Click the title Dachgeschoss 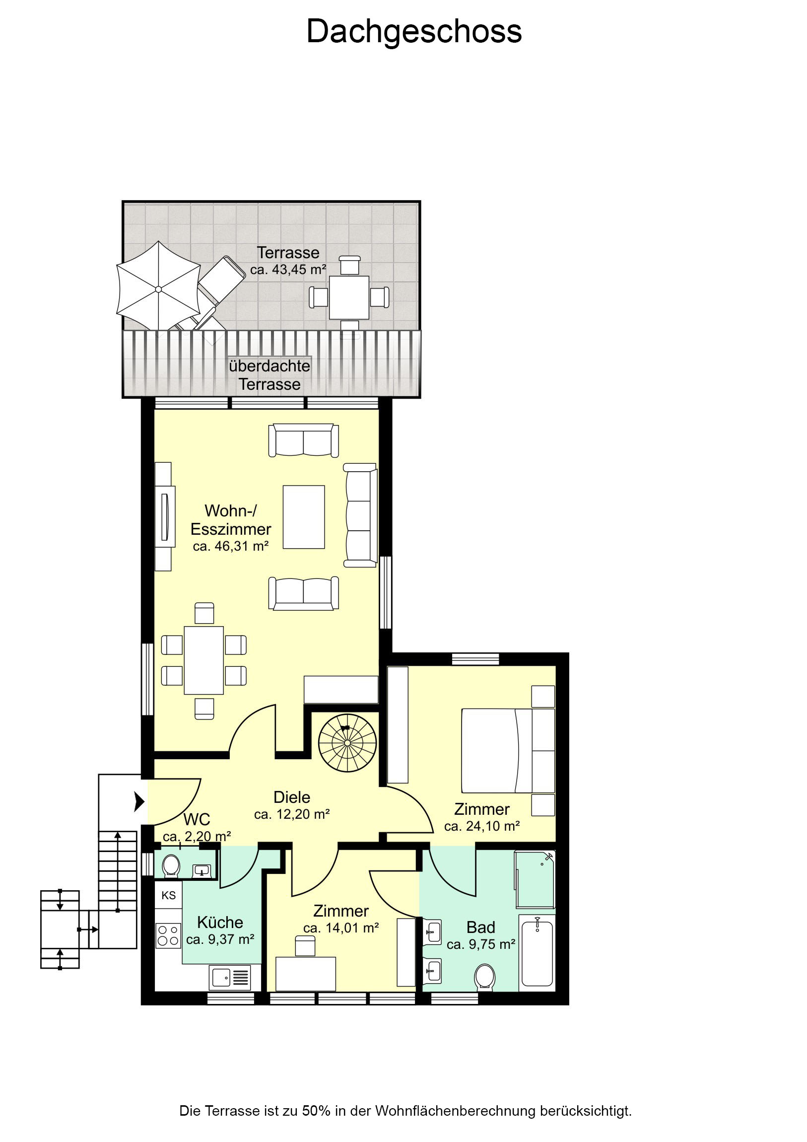click(414, 32)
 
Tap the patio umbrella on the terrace click(158, 289)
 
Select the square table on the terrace click(349, 297)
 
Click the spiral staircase click(347, 743)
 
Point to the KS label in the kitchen click(169, 895)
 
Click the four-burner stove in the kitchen click(168, 935)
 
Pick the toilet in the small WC click(171, 866)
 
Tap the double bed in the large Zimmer click(508, 751)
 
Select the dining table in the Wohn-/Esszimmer click(203, 660)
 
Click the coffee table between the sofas click(304, 517)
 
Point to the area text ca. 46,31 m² click(231, 546)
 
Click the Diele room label click(292, 797)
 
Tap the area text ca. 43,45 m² click(288, 270)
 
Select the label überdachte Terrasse click(269, 375)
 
